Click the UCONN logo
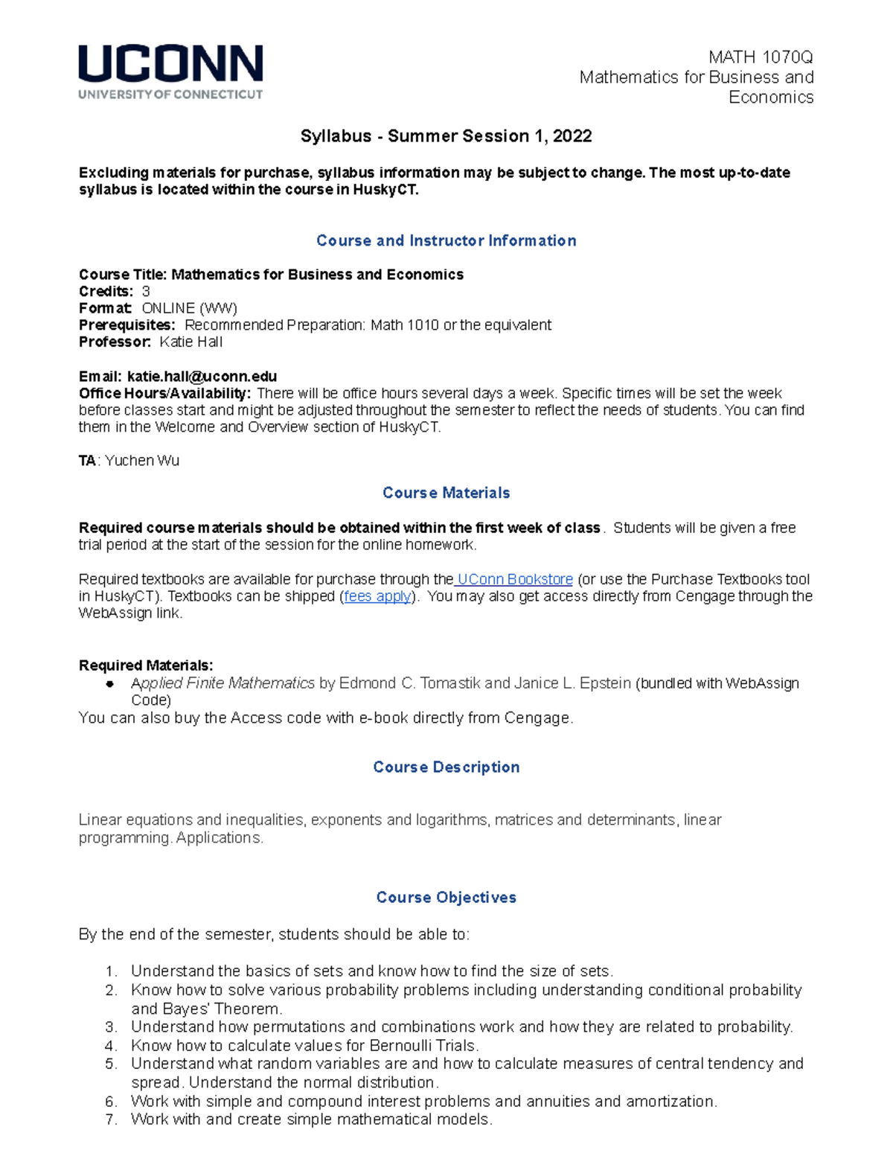tap(170, 71)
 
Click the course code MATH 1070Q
tap(760, 57)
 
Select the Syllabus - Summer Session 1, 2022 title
tap(446, 136)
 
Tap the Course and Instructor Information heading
tap(446, 240)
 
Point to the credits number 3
tap(146, 291)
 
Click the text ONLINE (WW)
tap(189, 308)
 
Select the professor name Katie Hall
tap(191, 342)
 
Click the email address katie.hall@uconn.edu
tap(202, 377)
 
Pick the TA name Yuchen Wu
tap(142, 461)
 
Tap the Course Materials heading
tap(446, 493)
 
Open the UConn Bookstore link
tap(514, 579)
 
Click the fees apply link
tap(377, 596)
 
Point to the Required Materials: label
tap(146, 665)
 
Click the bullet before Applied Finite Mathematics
tap(110, 683)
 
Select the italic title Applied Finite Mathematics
tap(223, 683)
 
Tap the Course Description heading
tap(446, 767)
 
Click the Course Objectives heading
tap(446, 897)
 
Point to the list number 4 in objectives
tap(111, 1045)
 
